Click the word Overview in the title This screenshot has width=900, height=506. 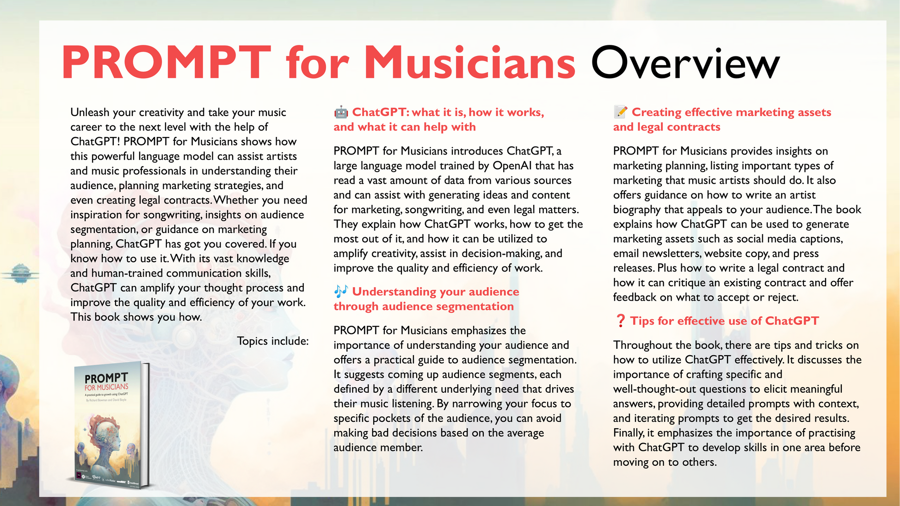pos(685,63)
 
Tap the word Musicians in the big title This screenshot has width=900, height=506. pos(469,63)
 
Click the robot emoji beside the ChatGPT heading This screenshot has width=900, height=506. pos(341,112)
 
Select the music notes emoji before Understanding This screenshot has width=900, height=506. pos(341,291)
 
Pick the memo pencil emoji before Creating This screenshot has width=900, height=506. pos(620,112)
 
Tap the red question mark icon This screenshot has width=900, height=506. pos(620,321)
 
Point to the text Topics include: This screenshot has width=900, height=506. pos(272,341)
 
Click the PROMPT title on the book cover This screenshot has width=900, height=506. pos(106,379)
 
